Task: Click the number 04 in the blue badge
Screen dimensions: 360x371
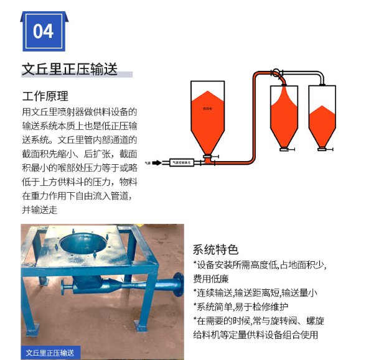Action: (43, 30)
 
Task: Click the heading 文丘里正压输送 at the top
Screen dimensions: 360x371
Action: (69, 69)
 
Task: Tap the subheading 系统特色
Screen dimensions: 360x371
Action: (215, 250)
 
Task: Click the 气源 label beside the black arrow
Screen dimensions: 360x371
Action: (148, 162)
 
